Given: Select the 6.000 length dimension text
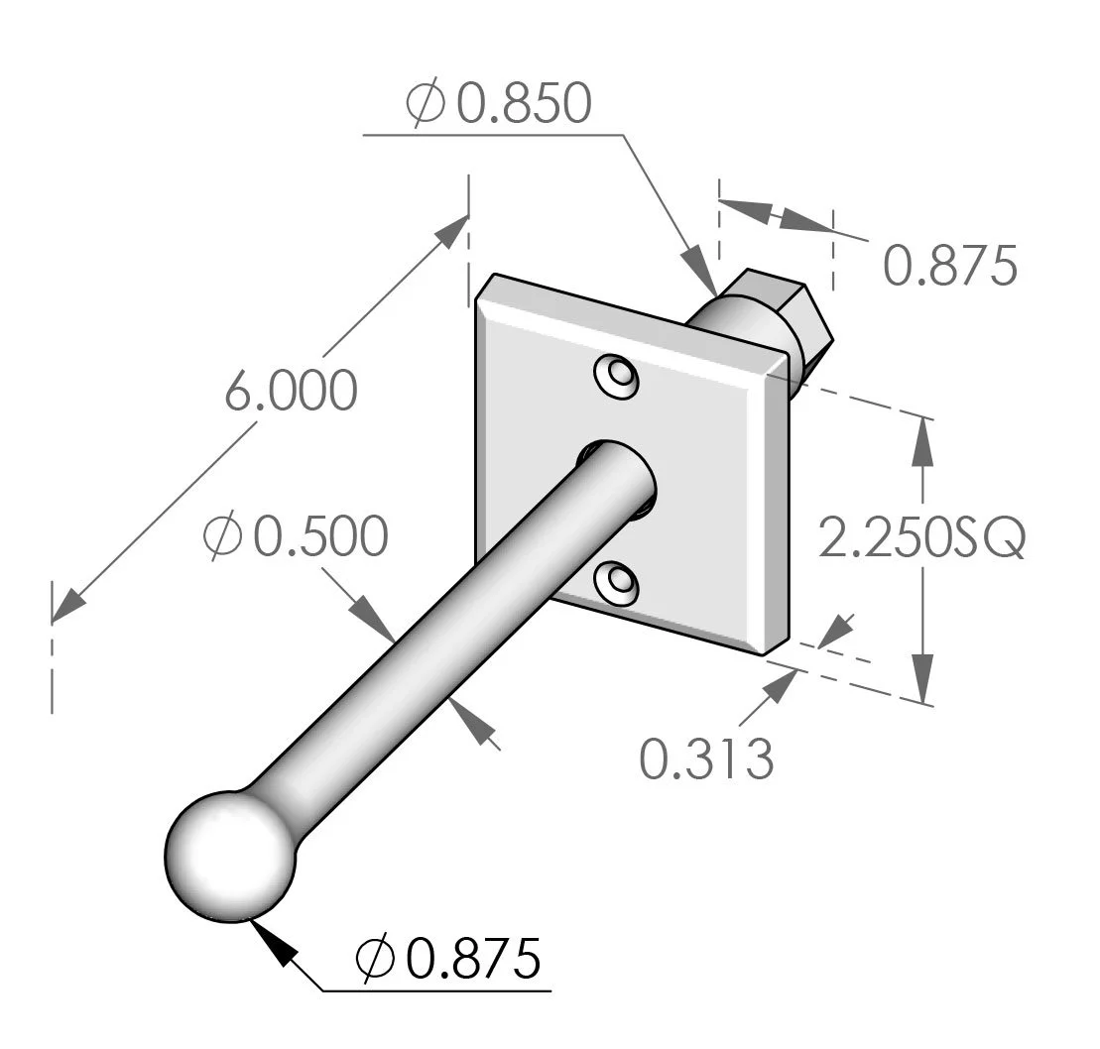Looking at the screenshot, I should click(290, 392).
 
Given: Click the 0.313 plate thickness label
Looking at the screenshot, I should click(705, 759).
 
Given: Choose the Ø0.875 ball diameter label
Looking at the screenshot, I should click(450, 958).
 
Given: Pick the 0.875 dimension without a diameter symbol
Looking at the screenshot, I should click(949, 267).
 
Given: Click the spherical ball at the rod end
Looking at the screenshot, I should click(230, 855).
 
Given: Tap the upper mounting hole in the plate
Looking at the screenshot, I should click(616, 378).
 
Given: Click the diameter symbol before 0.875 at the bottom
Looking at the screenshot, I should click(377, 958).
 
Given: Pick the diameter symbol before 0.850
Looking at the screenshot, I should click(425, 104).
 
